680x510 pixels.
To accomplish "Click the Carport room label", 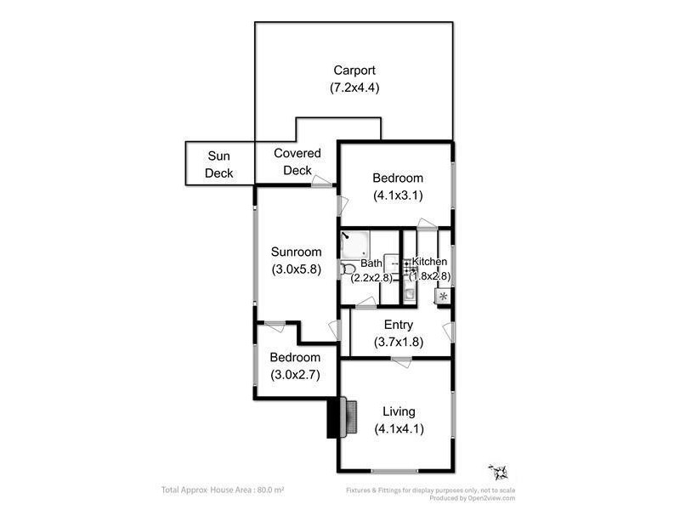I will pyautogui.click(x=354, y=71).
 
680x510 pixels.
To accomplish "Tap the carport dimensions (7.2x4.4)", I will pyautogui.click(x=354, y=87).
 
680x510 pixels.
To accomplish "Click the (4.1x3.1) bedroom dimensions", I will pyautogui.click(x=398, y=195).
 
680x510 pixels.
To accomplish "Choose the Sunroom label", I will pyautogui.click(x=297, y=252).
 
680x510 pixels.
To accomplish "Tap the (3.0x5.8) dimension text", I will pyautogui.click(x=297, y=269).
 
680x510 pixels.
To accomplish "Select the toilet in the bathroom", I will pyautogui.click(x=348, y=269).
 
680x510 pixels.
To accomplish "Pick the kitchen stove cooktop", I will pyautogui.click(x=409, y=267).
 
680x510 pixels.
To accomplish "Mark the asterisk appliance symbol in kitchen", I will pyautogui.click(x=443, y=297).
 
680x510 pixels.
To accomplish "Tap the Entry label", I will pyautogui.click(x=399, y=325).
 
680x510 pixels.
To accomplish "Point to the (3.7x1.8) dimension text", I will pyautogui.click(x=399, y=342).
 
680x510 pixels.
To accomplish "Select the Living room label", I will pyautogui.click(x=399, y=411).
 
